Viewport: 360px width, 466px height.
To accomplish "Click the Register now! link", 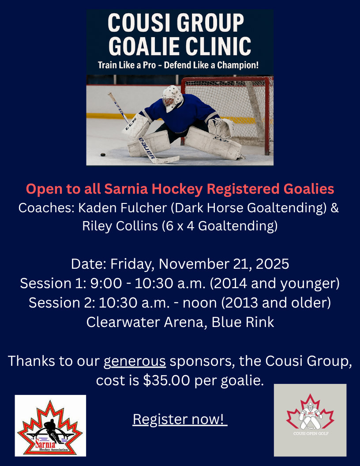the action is tap(180, 419).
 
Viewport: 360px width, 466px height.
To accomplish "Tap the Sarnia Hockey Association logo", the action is tap(50, 425).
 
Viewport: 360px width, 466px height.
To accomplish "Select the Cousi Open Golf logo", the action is tap(310, 420).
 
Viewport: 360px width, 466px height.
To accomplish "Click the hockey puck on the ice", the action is tap(103, 155).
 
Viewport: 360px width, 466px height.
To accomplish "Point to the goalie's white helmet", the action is tap(172, 98).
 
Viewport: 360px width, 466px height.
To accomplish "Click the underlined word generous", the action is tap(135, 361).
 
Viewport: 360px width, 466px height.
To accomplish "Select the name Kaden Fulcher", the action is tap(122, 208).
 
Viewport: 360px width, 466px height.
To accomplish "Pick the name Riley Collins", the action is tap(120, 226).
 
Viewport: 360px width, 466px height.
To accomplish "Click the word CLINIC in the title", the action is tap(219, 46).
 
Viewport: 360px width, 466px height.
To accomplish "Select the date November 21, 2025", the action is tap(224, 264).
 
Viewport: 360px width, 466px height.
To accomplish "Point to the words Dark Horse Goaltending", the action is tap(251, 208).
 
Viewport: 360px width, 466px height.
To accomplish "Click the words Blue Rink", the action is tap(243, 322).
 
